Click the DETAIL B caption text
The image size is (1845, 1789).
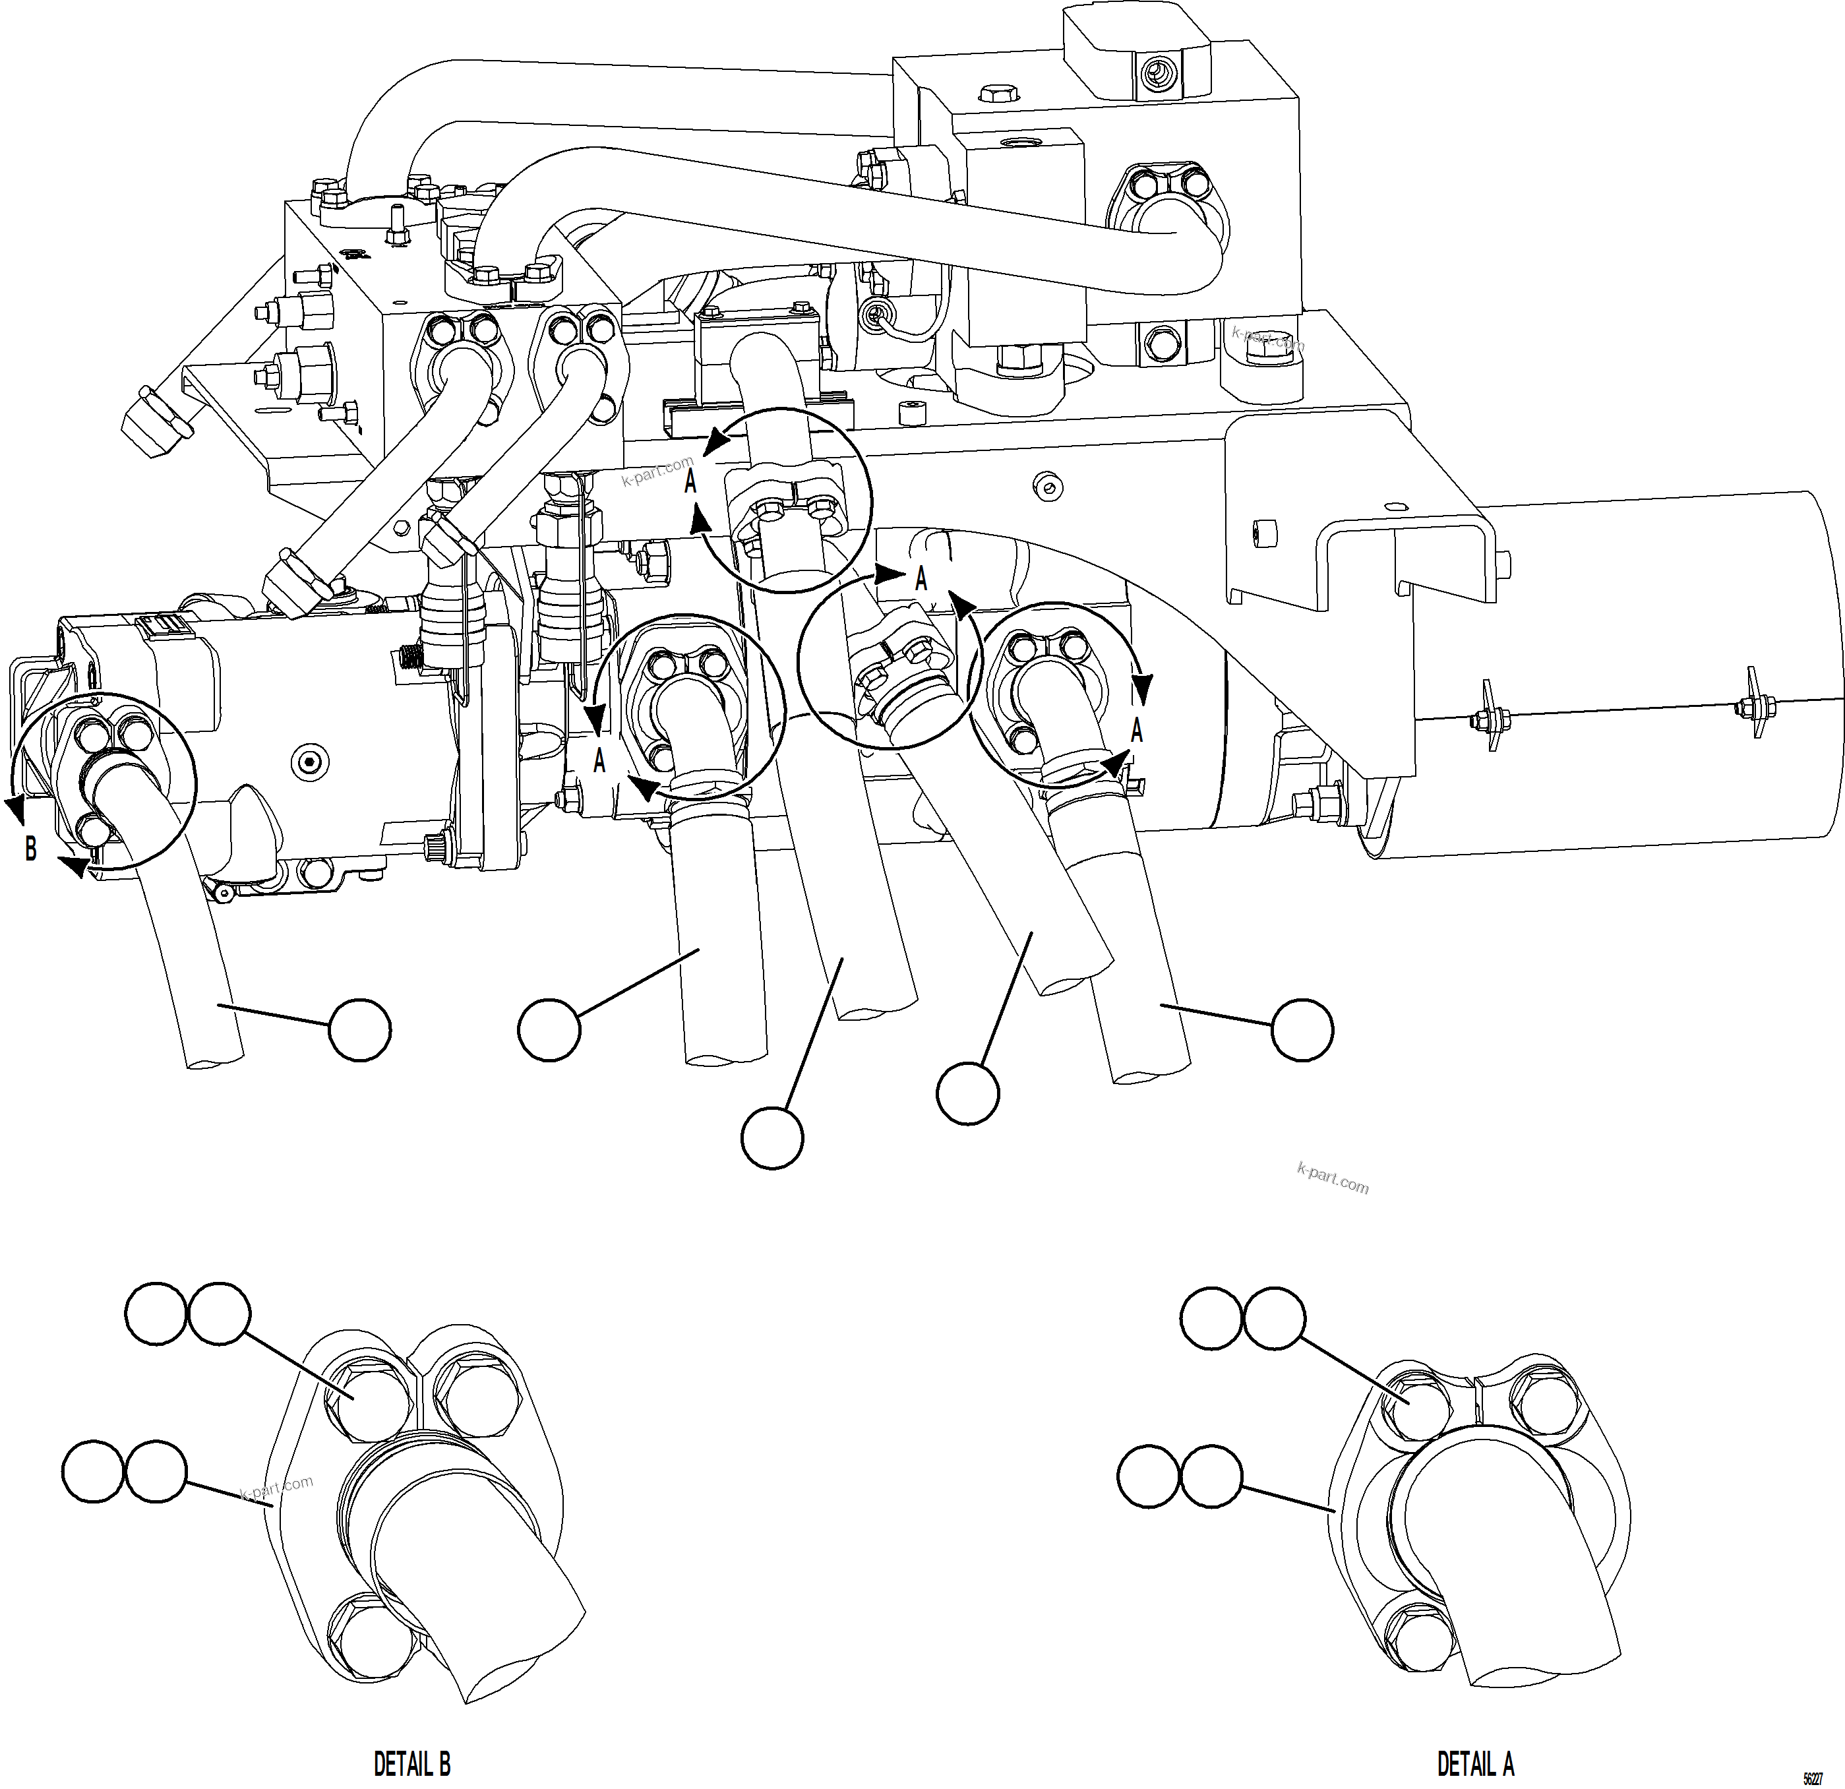[412, 1763]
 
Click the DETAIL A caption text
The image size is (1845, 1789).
[1475, 1763]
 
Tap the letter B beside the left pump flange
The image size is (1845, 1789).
[31, 849]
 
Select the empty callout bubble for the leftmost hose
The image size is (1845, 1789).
[359, 1030]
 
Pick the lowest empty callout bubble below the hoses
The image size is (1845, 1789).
[772, 1138]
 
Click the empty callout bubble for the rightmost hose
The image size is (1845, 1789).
[1302, 1030]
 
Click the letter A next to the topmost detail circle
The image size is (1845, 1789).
[690, 482]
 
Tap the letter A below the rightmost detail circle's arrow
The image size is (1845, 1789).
[1136, 730]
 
